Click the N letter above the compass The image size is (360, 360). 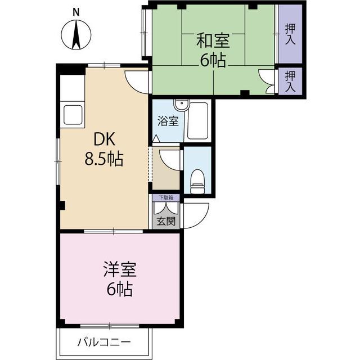coord(76,12)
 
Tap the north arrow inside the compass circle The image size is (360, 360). coord(76,35)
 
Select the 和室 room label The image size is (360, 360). coord(213,40)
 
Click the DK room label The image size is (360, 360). coord(105,139)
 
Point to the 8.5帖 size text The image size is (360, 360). coord(104,159)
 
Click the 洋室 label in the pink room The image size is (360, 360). coord(120,269)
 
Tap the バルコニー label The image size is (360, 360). coord(104,343)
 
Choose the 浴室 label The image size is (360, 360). coord(168,121)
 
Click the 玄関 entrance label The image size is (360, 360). coord(166,221)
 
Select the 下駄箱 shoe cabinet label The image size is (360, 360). coord(166,197)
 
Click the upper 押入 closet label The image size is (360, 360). coord(290,34)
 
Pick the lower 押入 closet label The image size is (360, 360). coord(290,81)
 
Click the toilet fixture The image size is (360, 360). coord(197,181)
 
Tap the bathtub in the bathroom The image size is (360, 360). coord(197,120)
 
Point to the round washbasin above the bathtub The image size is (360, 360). coord(181,105)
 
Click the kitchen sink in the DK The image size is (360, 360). coord(73,115)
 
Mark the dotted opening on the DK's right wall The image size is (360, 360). coord(150,164)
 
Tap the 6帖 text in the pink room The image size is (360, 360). coord(120,289)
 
